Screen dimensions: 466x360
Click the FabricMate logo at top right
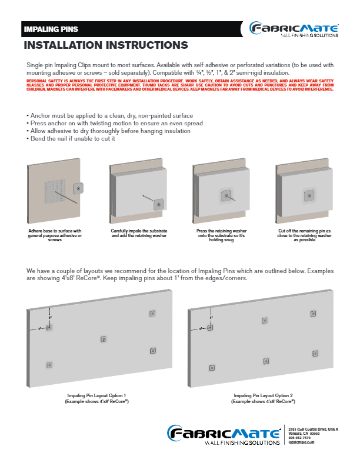coord(294,29)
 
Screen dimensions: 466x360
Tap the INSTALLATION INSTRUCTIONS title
coord(105,45)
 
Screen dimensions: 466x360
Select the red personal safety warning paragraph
coord(180,86)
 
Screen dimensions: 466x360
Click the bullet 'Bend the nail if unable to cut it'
coord(71,139)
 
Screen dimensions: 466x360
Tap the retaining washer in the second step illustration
coord(158,204)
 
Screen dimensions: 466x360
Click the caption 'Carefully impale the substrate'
coord(139,233)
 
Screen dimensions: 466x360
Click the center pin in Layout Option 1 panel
coord(104,338)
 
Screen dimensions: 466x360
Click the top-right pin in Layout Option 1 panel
coord(152,314)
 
